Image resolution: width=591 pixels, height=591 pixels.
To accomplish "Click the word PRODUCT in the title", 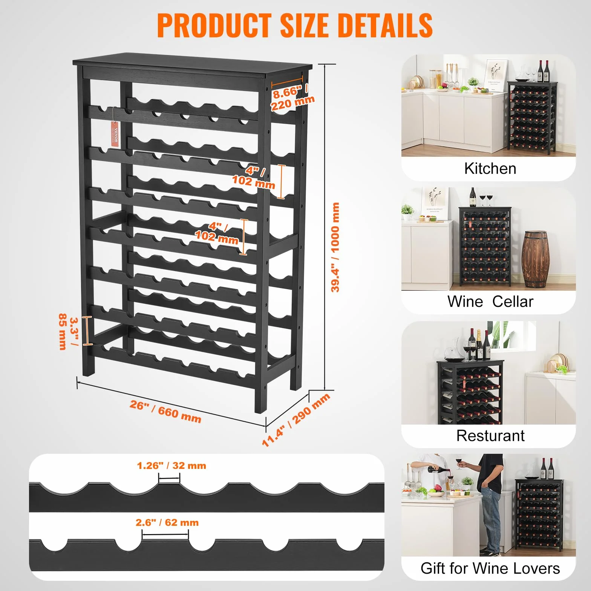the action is (214, 25).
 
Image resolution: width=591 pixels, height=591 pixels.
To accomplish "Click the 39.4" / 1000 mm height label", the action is (335, 247).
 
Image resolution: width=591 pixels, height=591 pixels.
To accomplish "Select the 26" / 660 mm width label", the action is (165, 411).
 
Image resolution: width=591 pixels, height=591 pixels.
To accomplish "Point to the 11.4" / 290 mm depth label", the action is (296, 420).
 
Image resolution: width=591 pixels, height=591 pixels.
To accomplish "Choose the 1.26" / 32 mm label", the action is (171, 465).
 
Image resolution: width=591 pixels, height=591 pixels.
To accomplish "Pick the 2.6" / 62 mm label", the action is (167, 522).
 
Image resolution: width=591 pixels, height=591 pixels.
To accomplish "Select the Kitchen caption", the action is (490, 168).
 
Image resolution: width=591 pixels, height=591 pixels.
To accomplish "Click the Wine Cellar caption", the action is (490, 302).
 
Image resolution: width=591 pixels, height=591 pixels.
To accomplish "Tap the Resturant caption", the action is (490, 435).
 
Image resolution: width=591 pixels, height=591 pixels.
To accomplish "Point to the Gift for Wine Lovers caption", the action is (490, 568).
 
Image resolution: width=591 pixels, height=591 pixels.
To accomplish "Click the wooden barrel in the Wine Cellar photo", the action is (536, 260).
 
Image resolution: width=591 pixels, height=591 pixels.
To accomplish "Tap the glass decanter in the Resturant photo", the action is (452, 352).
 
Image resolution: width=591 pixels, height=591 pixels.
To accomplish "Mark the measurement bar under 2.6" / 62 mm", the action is (165, 534).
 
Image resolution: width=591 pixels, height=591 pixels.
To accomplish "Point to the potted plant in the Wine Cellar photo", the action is (407, 212).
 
